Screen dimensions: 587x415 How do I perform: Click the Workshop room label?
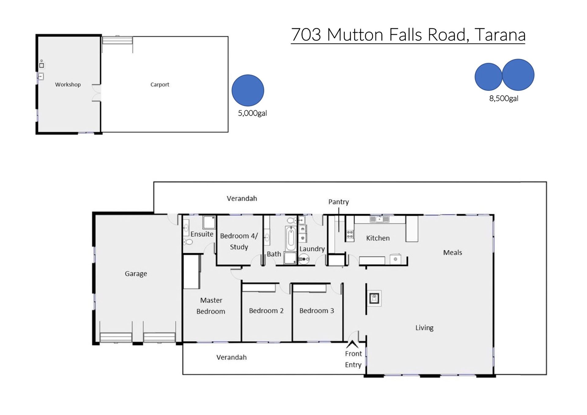click(68, 85)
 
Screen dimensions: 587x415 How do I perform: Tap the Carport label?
click(160, 85)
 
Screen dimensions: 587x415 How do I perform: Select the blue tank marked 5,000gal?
click(248, 90)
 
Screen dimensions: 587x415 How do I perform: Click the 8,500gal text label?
click(504, 98)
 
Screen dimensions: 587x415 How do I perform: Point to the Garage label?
click(136, 274)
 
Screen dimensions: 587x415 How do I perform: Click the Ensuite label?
click(202, 234)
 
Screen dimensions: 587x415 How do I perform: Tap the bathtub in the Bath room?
click(291, 238)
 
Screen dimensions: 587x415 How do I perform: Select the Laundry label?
click(312, 249)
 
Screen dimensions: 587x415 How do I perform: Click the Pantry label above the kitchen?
click(338, 202)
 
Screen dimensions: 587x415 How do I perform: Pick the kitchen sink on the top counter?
click(379, 219)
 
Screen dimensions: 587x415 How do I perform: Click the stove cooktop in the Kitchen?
click(350, 234)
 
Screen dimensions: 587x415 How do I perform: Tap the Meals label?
click(452, 253)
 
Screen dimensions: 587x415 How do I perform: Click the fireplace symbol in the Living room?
click(374, 298)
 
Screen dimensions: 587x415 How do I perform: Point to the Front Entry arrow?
click(352, 344)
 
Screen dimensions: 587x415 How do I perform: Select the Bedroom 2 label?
click(266, 311)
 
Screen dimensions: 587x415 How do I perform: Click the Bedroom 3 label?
click(317, 311)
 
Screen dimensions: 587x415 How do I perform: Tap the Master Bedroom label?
click(211, 306)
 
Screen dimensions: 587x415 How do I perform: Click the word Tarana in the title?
click(500, 35)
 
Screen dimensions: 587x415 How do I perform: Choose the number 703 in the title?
click(306, 35)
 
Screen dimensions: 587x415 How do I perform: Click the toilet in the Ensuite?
click(188, 242)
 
